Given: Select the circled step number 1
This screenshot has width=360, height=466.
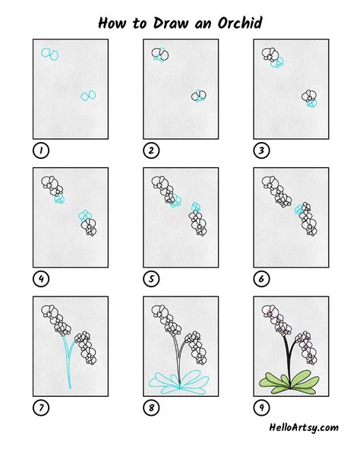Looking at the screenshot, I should [40, 150].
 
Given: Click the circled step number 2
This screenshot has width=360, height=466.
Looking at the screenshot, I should [150, 150].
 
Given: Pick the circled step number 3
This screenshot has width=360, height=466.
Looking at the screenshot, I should [261, 150].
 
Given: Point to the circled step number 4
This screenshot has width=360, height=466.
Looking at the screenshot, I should [40, 278].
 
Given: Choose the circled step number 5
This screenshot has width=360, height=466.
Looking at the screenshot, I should [150, 278].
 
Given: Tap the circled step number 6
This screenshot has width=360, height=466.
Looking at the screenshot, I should [261, 278].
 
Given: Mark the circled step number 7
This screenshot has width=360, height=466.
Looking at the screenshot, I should [40, 408].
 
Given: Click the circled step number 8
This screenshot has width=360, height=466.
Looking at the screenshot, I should [150, 408].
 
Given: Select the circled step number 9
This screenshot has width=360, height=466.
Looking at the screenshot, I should [261, 408].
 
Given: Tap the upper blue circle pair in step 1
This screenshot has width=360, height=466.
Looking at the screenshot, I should [50, 54].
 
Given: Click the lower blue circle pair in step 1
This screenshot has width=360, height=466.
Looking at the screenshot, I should [88, 96].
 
